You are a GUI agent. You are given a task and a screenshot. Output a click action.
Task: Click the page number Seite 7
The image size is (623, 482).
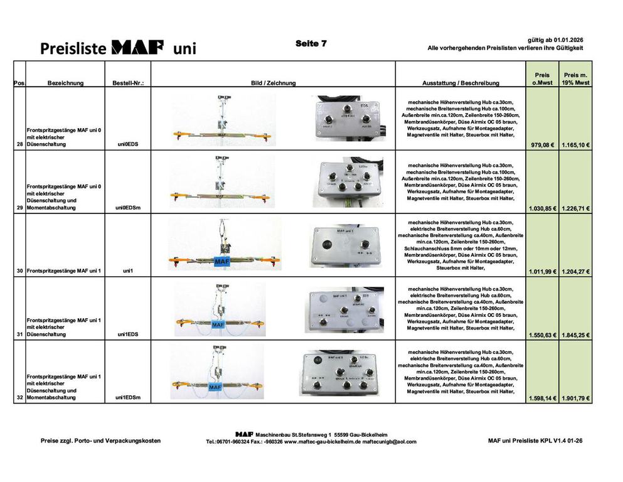pyautogui.click(x=311, y=43)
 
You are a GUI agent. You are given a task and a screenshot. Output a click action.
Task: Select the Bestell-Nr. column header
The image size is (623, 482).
pyautogui.click(x=128, y=83)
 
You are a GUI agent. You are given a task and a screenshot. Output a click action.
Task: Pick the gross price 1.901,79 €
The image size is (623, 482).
pyautogui.click(x=576, y=398)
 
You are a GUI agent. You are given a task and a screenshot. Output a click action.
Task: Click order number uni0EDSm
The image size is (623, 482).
pyautogui.click(x=128, y=207)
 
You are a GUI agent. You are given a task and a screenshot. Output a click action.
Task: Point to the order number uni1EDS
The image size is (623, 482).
pyautogui.click(x=128, y=335)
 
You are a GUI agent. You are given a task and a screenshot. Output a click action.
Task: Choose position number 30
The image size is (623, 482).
pyautogui.click(x=20, y=270)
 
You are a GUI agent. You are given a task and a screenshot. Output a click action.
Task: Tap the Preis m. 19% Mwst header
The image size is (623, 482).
pyautogui.click(x=576, y=78)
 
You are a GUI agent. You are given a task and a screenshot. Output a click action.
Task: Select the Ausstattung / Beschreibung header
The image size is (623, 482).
pyautogui.click(x=461, y=83)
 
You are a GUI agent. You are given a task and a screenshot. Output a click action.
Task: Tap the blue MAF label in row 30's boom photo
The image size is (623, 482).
pyautogui.click(x=222, y=260)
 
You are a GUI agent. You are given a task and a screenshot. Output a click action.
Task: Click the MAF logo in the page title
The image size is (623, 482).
pyautogui.click(x=137, y=47)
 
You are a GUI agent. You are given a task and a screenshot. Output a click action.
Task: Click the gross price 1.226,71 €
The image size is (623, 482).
pyautogui.click(x=576, y=208)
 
